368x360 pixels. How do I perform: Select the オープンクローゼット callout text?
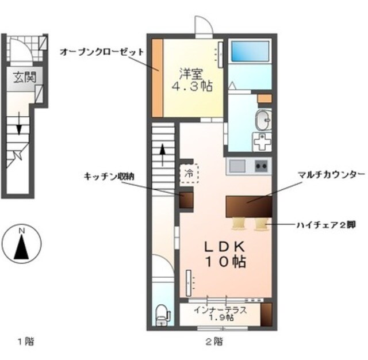(101, 51)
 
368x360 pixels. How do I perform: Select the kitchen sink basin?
(237, 166)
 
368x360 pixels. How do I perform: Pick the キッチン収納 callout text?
(109, 177)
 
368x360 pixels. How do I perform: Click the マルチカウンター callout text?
(331, 174)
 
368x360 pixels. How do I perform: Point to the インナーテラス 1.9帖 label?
(220, 313)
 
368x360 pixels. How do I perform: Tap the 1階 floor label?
(25, 342)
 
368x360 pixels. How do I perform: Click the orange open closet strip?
(158, 77)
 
